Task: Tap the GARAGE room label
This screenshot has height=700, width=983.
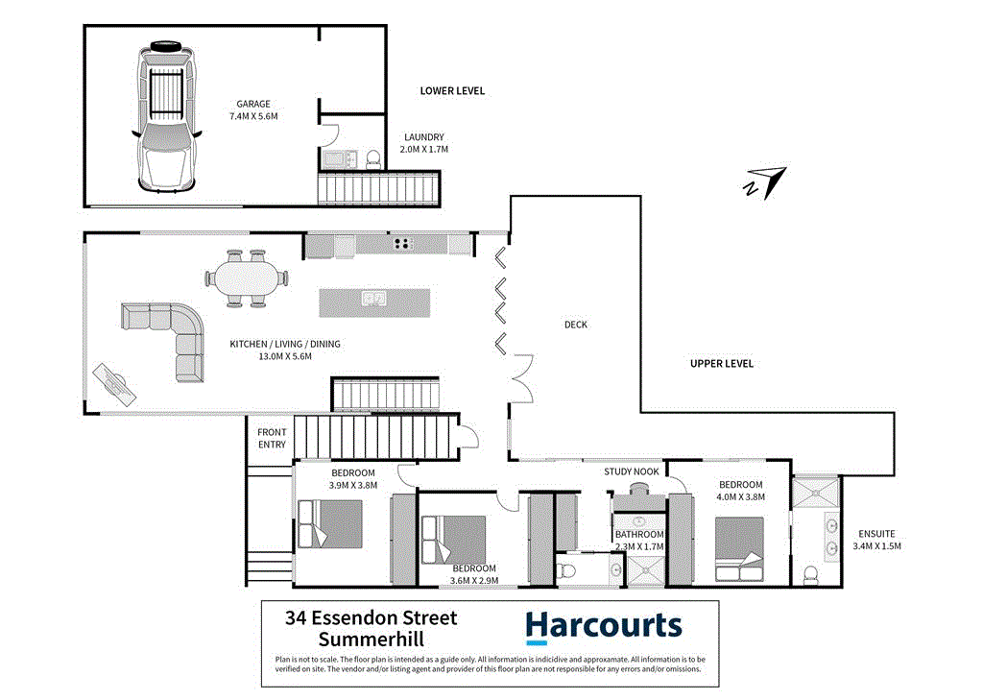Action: click(x=253, y=105)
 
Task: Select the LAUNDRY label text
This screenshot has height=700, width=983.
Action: click(x=423, y=137)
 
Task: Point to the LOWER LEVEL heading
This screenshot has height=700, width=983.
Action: click(x=452, y=91)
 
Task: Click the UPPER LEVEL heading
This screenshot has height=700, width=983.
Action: click(x=722, y=364)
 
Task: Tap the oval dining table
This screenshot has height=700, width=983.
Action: click(x=246, y=279)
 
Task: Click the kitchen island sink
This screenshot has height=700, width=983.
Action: click(x=373, y=299)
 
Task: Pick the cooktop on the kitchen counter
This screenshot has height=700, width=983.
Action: click(x=402, y=244)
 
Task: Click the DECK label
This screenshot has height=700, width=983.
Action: click(x=575, y=325)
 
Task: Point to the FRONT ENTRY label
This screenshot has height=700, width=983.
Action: click(x=272, y=438)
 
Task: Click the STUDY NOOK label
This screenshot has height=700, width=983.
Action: click(x=631, y=471)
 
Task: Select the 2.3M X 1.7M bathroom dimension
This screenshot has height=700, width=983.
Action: click(x=639, y=547)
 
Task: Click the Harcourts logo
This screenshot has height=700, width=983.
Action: click(x=603, y=627)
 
